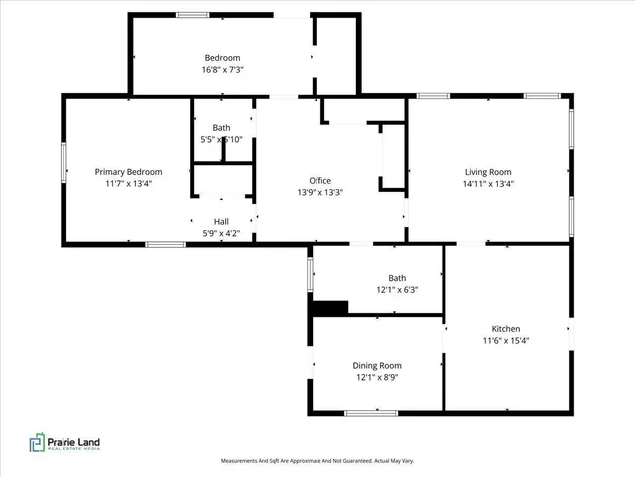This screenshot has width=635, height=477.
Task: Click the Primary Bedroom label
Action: pos(128,171)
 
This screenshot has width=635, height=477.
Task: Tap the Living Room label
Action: pos(487,171)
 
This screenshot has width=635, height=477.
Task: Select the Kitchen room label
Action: pos(506,329)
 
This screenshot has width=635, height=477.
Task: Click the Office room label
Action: pos(319,180)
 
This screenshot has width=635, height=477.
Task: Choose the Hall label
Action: pos(222,221)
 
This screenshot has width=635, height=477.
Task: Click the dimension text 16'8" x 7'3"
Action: pos(222,71)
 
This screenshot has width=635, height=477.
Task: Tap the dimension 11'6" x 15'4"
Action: pos(506,341)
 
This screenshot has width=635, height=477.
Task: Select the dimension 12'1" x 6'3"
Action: pos(397,290)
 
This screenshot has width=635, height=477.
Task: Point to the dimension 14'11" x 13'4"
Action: pos(487,183)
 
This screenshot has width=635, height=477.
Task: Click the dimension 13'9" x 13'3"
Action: pos(319,192)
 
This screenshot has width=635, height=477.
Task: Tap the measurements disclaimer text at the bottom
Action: pos(317,461)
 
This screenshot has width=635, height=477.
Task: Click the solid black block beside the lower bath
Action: pos(329,308)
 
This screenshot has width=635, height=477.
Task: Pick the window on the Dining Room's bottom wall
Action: pos(371,411)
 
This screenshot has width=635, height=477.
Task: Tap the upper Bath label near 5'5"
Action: pos(222,127)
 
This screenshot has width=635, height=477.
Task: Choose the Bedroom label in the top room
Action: pos(222,58)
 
